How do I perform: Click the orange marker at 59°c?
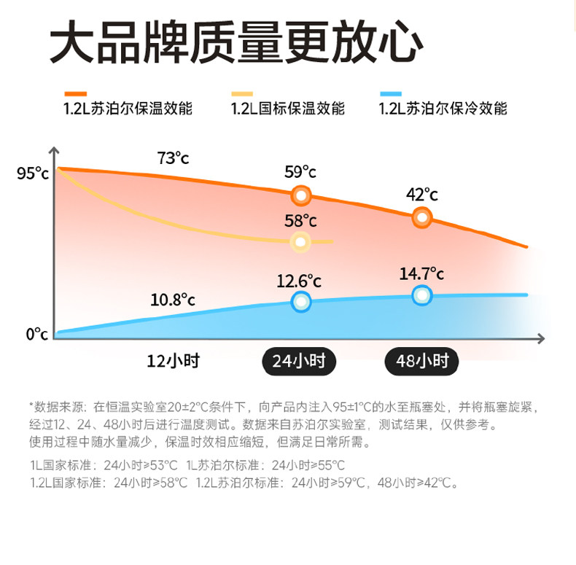pyautogui.click(x=301, y=195)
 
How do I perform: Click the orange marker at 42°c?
pyautogui.click(x=421, y=217)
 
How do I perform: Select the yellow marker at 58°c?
pyautogui.click(x=300, y=242)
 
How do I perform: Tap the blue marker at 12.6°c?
pyautogui.click(x=301, y=301)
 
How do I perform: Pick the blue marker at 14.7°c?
pyautogui.click(x=421, y=295)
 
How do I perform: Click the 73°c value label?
pyautogui.click(x=173, y=157)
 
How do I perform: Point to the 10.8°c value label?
pyautogui.click(x=173, y=300)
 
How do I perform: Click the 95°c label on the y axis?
pyautogui.click(x=32, y=174)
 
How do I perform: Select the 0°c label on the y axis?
pyautogui.click(x=36, y=334)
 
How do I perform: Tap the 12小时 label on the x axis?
pyautogui.click(x=173, y=361)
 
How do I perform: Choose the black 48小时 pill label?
pyautogui.click(x=421, y=361)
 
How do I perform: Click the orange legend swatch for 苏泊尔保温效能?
pyautogui.click(x=76, y=94)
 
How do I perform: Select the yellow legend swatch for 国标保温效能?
pyautogui.click(x=242, y=94)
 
